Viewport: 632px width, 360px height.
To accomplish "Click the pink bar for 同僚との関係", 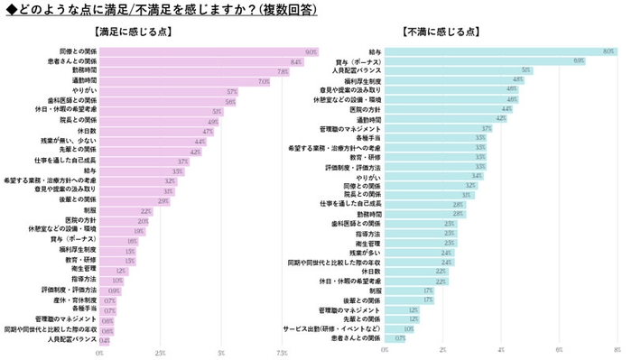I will (208, 52).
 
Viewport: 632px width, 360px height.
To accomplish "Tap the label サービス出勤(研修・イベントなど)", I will (339, 328).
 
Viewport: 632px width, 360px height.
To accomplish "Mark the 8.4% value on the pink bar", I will (295, 61).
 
